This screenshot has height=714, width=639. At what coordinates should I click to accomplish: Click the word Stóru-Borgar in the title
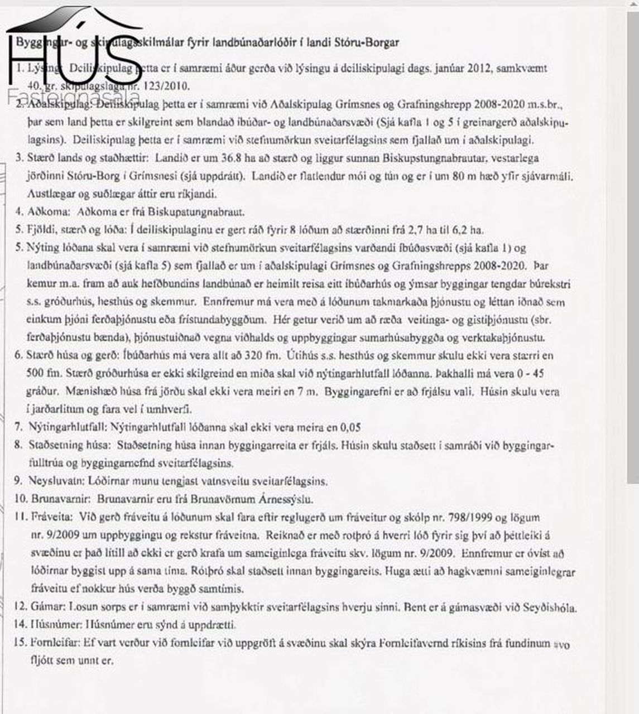tap(372, 42)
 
